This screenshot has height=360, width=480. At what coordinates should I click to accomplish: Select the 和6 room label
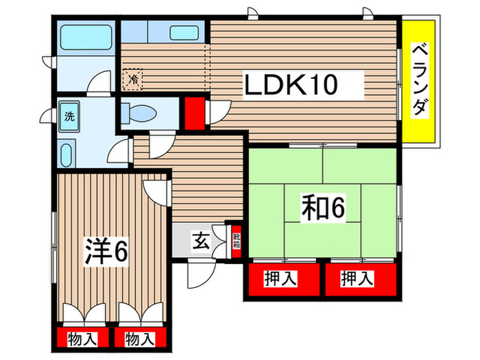pos(320,207)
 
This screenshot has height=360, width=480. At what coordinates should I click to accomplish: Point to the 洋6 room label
pos(106,251)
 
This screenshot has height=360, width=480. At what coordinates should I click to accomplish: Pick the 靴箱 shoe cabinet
pos(237,241)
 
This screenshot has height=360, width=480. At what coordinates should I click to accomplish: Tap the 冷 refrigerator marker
pos(134,79)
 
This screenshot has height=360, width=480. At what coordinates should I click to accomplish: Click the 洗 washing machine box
pos(69,116)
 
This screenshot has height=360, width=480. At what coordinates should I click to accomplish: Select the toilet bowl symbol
pos(145,113)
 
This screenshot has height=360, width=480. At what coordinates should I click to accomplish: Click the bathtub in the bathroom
pos(86,37)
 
